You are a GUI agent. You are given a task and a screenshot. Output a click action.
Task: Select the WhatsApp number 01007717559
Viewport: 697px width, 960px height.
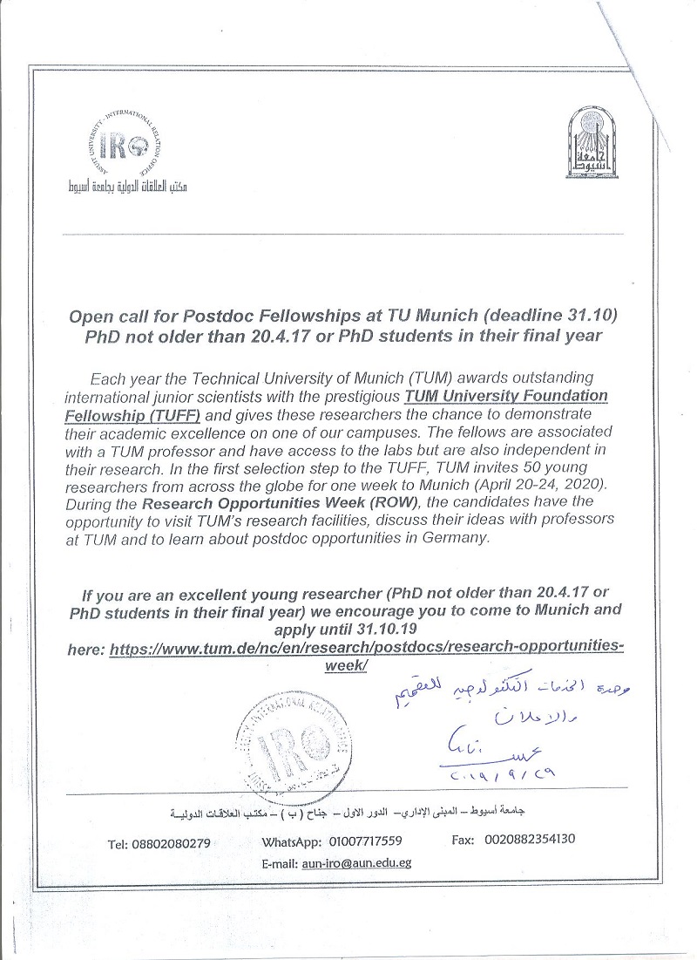pos(365,841)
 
